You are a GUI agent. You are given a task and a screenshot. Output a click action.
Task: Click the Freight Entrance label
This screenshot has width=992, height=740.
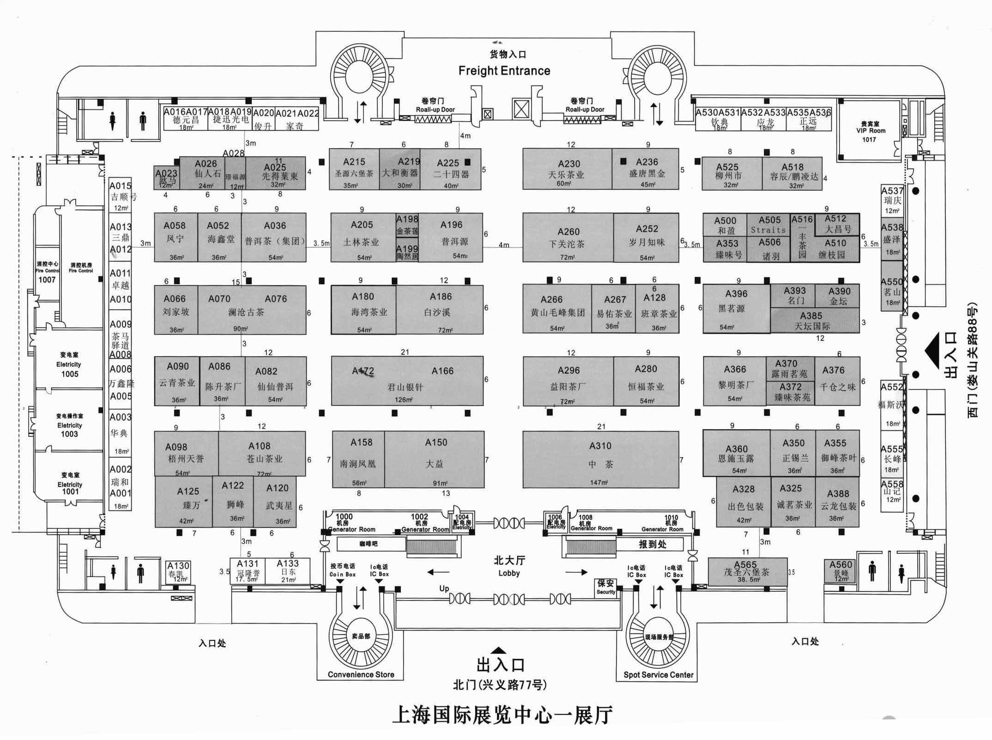point(504,71)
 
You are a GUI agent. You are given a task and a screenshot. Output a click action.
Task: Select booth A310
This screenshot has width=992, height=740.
point(600,459)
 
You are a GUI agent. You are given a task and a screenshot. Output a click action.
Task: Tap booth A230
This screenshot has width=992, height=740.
point(567,169)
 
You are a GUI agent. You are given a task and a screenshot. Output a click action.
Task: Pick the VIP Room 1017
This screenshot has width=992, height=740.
point(870,131)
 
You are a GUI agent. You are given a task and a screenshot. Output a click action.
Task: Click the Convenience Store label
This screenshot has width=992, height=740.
point(361,674)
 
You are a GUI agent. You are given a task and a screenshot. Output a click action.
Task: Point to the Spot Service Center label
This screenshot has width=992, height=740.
point(658,674)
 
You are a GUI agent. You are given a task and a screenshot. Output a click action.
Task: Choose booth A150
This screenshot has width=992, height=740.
point(435,459)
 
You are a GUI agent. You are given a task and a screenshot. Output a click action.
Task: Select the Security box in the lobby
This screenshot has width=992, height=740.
point(606,587)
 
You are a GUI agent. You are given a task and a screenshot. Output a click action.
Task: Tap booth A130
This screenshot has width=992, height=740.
point(178,572)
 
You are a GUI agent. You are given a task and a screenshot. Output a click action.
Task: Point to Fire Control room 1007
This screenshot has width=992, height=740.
point(47,273)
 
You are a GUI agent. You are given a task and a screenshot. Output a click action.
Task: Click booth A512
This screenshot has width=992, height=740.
point(836,224)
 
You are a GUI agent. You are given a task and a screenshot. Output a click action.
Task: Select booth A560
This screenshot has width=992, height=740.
point(841,570)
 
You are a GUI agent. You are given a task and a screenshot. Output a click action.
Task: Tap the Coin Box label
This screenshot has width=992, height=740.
point(342,570)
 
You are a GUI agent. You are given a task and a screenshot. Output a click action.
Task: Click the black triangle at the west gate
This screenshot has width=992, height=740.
point(933,351)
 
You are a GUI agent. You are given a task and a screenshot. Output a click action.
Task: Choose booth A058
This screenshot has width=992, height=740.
point(175,237)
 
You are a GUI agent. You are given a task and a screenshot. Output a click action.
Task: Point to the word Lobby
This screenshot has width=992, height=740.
point(509,573)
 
